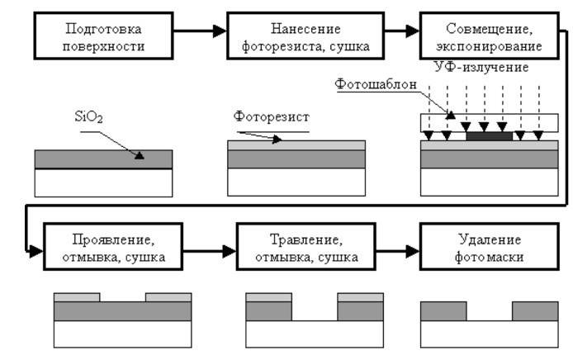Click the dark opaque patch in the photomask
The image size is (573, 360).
489,134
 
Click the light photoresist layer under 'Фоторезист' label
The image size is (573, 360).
296,144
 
